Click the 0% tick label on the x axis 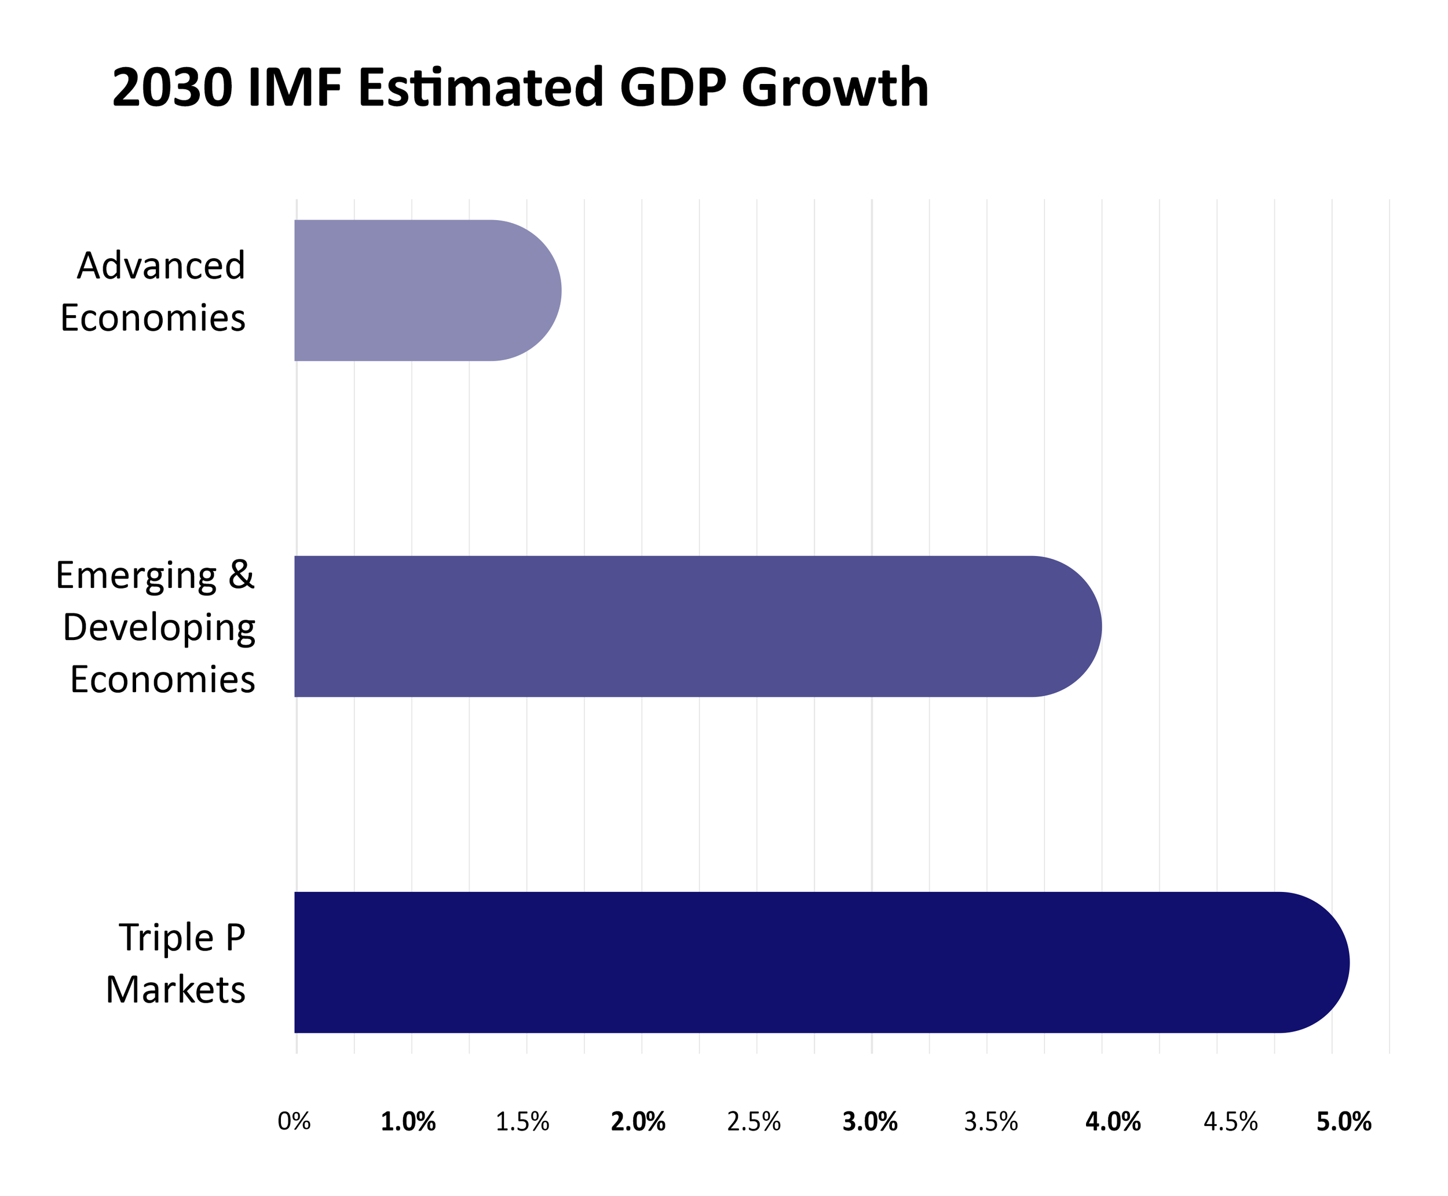point(294,1122)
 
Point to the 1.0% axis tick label point(408,1122)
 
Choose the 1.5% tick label point(523,1122)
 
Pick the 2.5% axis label point(754,1122)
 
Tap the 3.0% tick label point(870,1122)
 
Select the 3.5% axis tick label point(991,1122)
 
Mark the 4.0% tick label point(1113,1122)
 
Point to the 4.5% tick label point(1231,1122)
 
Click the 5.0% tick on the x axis point(1344,1122)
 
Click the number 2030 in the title point(172,88)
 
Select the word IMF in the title point(295,88)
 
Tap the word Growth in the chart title point(835,88)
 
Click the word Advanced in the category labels point(161,265)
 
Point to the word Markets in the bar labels point(175,990)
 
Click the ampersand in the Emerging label point(241,575)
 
